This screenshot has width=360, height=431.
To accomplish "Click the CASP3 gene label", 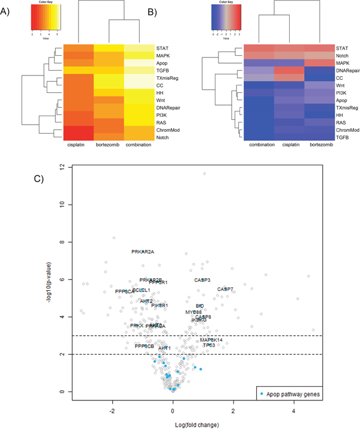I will [x=202, y=280].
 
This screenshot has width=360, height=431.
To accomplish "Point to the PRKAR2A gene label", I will [x=143, y=252].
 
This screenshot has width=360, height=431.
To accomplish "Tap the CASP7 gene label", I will [x=226, y=290].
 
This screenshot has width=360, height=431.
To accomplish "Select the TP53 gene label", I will [x=209, y=345].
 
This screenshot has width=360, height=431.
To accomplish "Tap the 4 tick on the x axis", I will [x=293, y=411].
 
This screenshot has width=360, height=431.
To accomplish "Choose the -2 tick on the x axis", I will [x=112, y=411].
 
